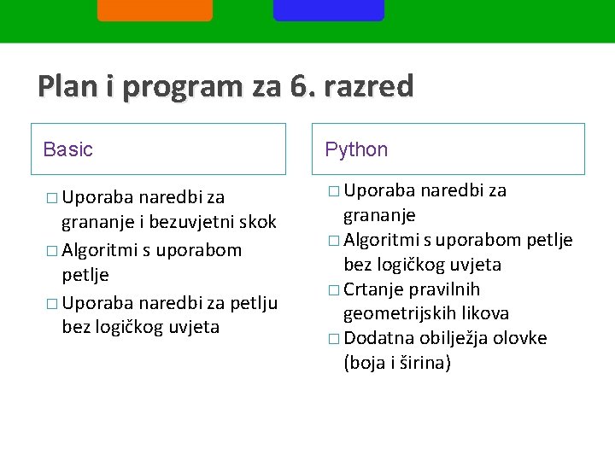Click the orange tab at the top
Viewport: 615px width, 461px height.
[155, 9]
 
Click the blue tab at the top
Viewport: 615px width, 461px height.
[329, 9]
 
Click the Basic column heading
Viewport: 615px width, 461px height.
[67, 150]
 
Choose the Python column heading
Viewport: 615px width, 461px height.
[356, 150]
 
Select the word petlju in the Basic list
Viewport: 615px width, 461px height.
[249, 302]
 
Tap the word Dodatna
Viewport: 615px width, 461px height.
[377, 338]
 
